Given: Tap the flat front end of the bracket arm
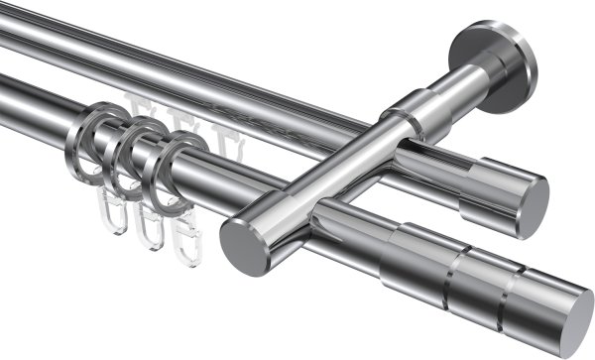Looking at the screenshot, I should (x=239, y=244).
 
